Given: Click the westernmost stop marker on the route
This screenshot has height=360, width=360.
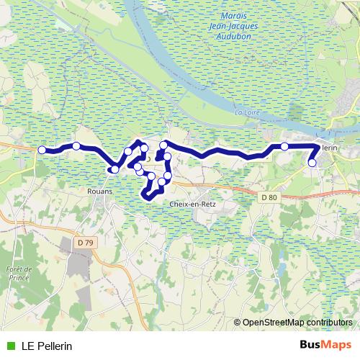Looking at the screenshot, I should coord(42,150).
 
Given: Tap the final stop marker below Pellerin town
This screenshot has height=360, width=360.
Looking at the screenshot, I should coord(312,163).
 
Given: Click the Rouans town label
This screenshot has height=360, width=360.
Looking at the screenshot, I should coord(99,192).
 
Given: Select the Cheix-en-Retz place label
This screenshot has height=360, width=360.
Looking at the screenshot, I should coord(192,204).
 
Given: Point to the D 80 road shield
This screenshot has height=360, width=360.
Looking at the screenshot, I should coord(269,197).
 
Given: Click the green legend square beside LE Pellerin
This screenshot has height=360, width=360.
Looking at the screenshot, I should coord(9,346).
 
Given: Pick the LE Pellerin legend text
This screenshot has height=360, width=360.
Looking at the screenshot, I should coord(47,346).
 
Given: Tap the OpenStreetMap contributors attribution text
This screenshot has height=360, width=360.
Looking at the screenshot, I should coord(297,322).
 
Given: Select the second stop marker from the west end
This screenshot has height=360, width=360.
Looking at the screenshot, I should coord(76,146).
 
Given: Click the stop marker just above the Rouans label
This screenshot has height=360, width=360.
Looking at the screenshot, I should coord(114,170).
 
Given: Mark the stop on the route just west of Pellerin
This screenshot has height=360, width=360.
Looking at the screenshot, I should coord(284,146).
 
